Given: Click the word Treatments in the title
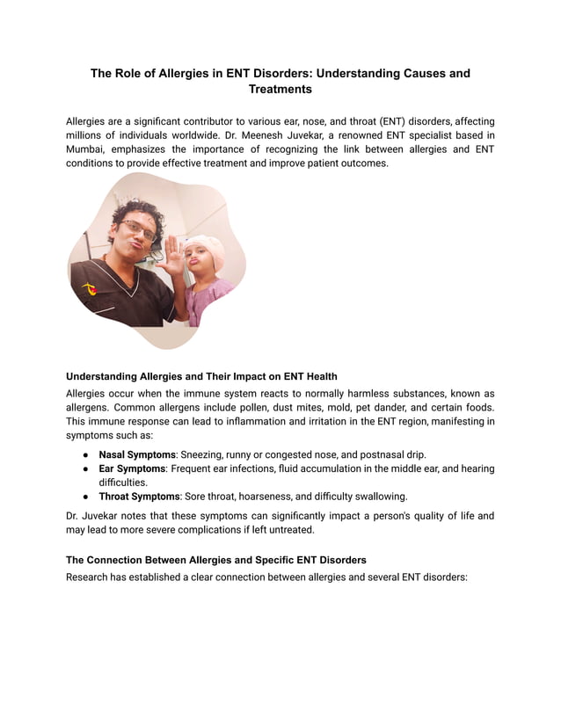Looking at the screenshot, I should (x=280, y=89).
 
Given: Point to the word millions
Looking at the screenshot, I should (x=89, y=135).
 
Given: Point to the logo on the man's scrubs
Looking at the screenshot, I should (x=88, y=288).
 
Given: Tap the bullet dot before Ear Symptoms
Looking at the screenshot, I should (x=86, y=469).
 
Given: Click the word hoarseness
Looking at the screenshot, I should (x=267, y=496).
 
